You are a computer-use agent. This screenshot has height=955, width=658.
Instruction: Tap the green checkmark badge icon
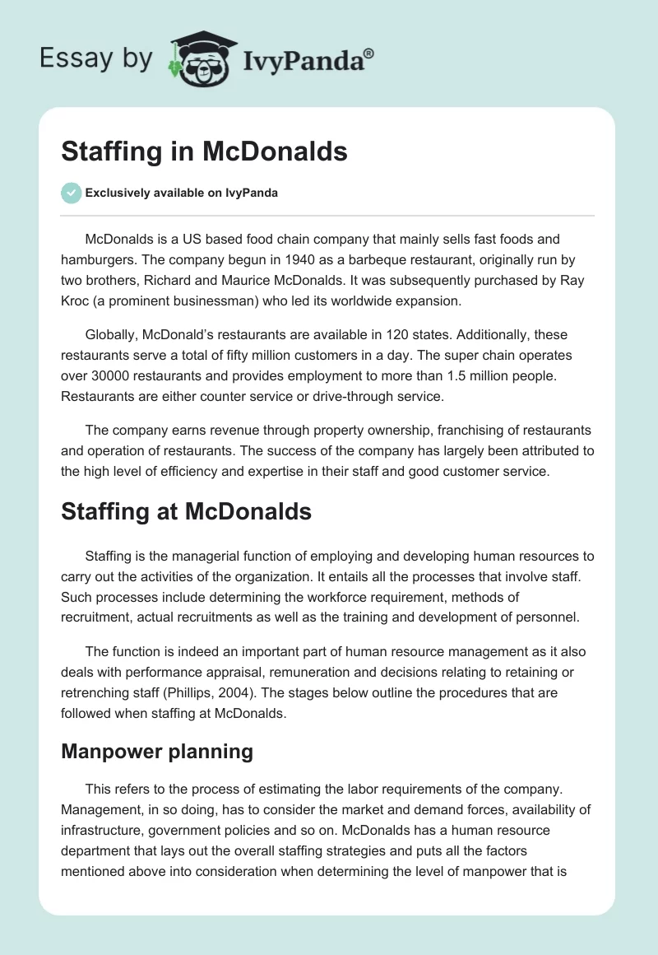[72, 193]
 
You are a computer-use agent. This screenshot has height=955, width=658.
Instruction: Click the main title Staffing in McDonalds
[204, 152]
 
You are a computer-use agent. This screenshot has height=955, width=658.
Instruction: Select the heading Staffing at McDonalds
[187, 511]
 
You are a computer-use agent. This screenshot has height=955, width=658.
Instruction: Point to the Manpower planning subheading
[157, 752]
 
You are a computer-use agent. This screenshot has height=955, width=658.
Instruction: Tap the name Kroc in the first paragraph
[78, 300]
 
